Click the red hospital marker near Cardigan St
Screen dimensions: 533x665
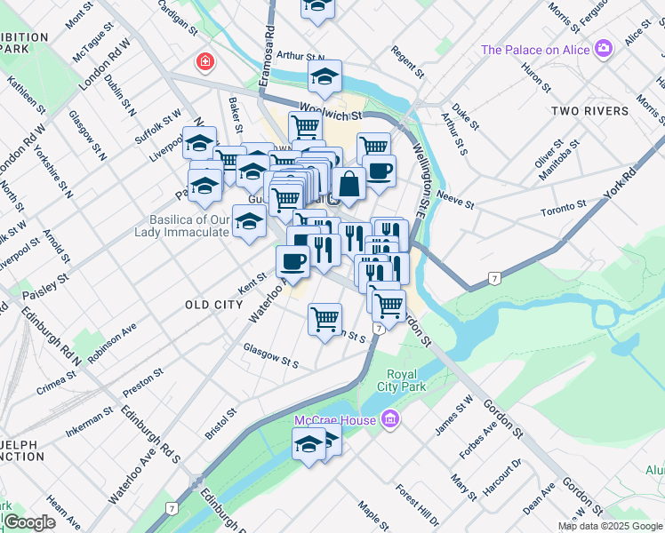coord(205,62)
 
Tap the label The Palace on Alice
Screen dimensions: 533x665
coord(536,50)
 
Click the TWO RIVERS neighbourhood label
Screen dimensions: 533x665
coord(590,111)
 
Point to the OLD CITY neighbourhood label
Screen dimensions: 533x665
coord(213,305)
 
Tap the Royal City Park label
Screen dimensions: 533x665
coord(405,380)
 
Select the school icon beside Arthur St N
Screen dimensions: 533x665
coord(325,77)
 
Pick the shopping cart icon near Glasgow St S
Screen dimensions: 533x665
coord(325,317)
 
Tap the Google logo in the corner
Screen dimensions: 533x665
coord(29,522)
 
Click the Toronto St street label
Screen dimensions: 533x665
coord(564,210)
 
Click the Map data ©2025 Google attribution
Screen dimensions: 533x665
coord(610,526)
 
